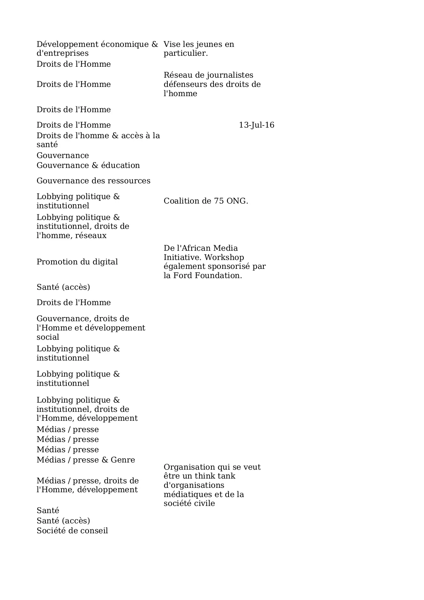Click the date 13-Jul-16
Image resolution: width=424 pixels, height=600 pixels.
point(256,125)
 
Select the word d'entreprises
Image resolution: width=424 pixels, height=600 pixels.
point(63,53)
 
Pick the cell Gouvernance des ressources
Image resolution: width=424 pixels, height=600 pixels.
point(93,181)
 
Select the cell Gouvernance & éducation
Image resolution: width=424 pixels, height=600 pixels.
point(88,166)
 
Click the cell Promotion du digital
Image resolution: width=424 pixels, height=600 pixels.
point(77,262)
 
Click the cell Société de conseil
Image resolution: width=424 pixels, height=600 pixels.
point(72,531)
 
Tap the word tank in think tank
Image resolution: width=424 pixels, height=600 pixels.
point(227,476)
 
